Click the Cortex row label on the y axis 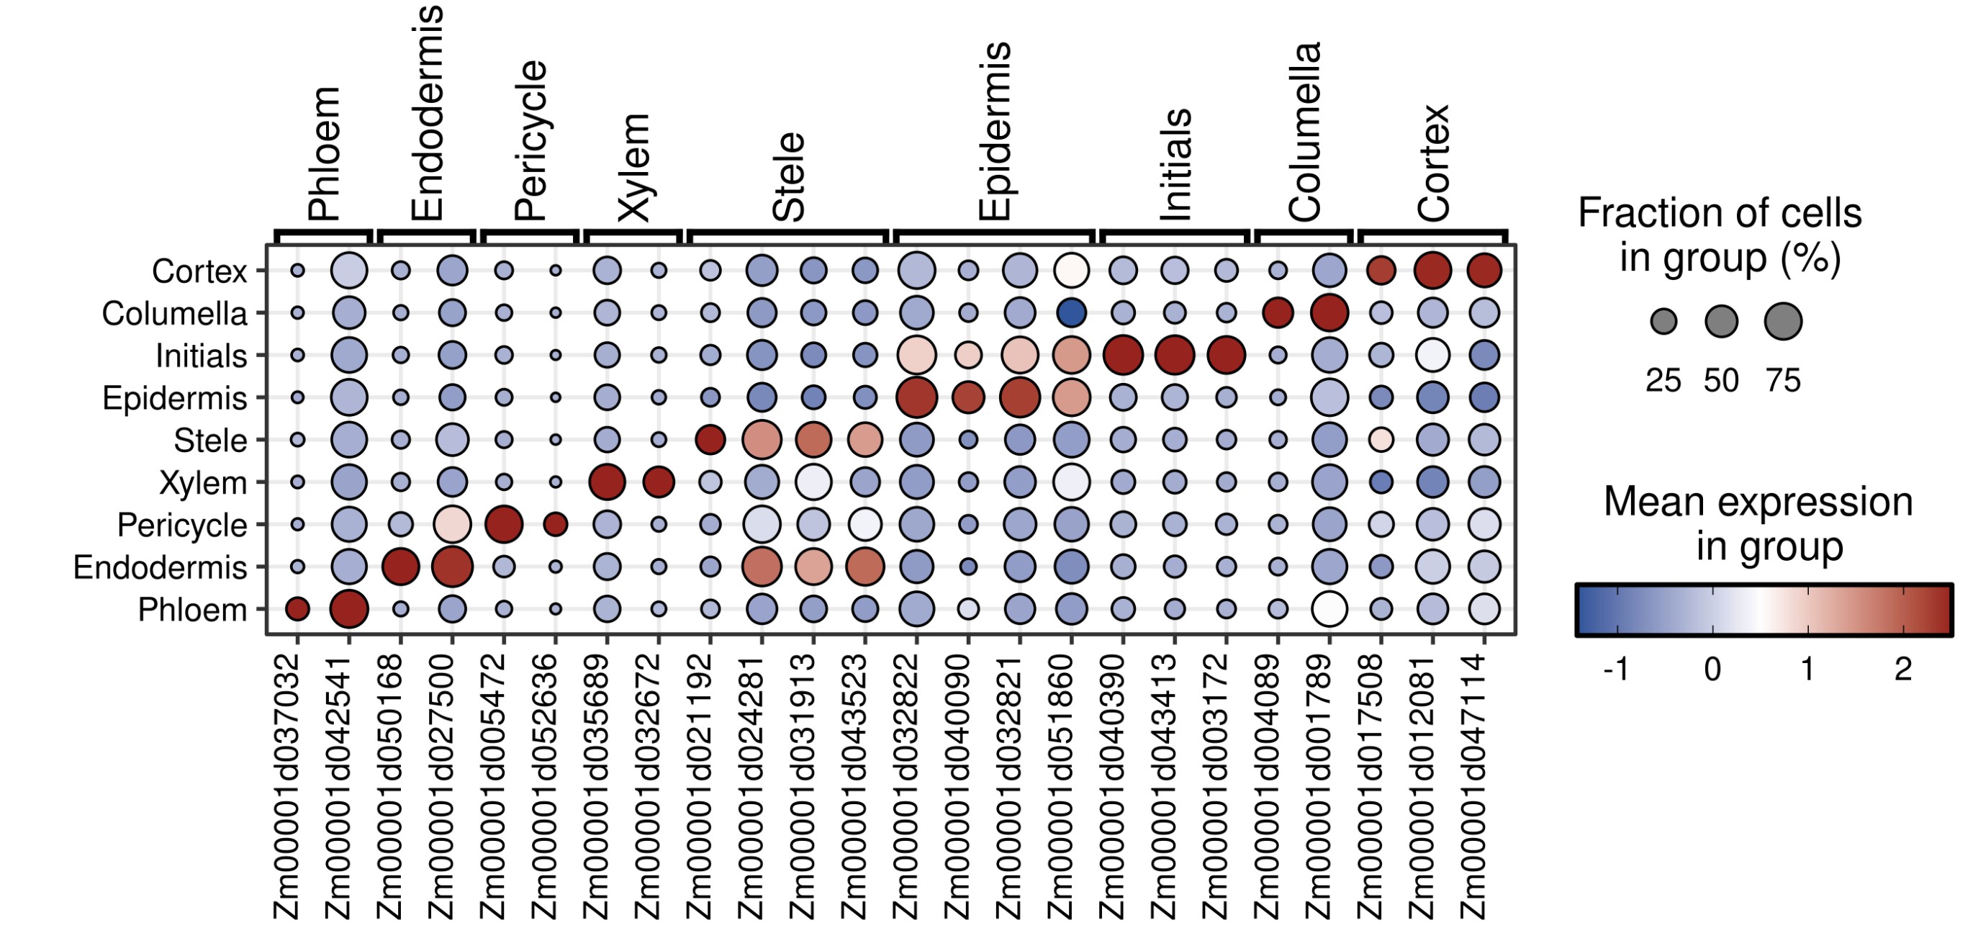click(199, 271)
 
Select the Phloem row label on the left click(192, 610)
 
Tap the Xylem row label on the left click(203, 483)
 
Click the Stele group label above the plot click(789, 177)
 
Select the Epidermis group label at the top click(995, 131)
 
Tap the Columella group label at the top click(1304, 132)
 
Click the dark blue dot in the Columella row click(1071, 312)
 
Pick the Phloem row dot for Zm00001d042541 click(349, 609)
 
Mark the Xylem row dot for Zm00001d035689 click(608, 482)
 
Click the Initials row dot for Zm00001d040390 click(1123, 356)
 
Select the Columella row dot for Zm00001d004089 click(1278, 312)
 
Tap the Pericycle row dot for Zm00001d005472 click(504, 525)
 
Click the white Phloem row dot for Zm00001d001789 click(1329, 609)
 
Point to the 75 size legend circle click(1783, 321)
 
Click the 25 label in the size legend click(1663, 381)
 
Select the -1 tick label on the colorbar click(1615, 670)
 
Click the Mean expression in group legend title click(1758, 523)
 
